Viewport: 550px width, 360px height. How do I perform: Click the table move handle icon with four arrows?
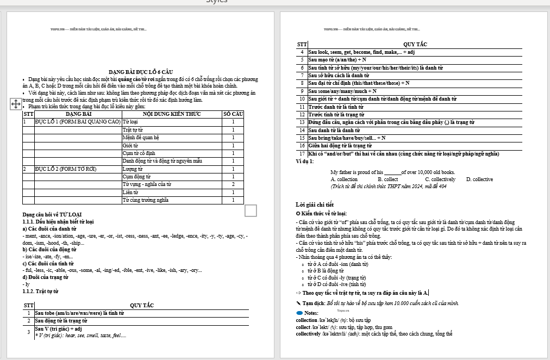coord(16,104)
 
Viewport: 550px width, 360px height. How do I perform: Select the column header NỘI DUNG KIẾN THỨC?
coord(172,114)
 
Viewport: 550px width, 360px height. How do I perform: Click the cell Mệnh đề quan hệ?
coord(141,138)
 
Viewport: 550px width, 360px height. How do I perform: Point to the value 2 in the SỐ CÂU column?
coord(233,184)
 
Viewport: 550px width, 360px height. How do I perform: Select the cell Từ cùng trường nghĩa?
coord(146,200)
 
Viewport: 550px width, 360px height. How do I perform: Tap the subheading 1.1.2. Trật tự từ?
coord(41,291)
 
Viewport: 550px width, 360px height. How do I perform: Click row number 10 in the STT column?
coord(302,99)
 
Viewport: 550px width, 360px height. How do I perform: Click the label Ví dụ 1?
coord(305,162)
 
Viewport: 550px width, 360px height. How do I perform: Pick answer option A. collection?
coord(344,179)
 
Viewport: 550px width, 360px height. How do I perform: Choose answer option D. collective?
coord(479,179)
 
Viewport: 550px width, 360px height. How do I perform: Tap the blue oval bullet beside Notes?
coord(299,313)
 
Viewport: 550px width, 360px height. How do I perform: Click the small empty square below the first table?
coord(251,210)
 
